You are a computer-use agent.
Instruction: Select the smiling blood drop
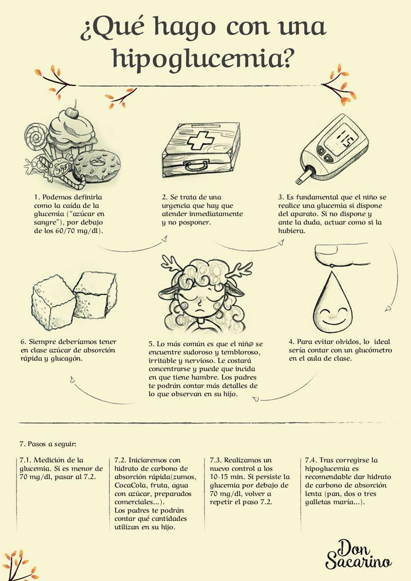332,303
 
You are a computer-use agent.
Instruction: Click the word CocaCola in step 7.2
130,485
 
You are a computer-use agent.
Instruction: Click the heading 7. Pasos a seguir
48,444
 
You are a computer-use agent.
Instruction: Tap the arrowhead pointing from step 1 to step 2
164,239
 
